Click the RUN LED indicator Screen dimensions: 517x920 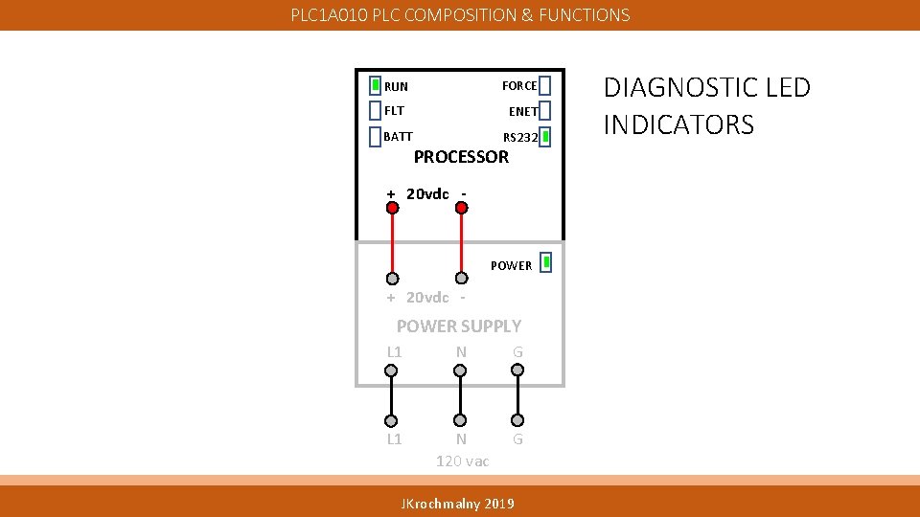point(376,85)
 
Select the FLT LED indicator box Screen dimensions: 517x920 point(376,110)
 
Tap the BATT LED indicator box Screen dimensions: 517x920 point(376,136)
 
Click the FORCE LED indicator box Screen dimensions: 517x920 point(544,85)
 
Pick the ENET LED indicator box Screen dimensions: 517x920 point(544,111)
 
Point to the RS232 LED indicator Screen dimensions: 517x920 point(544,137)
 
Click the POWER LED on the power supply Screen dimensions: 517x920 point(545,262)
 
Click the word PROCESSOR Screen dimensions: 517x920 point(461,157)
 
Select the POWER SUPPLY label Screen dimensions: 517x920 point(459,326)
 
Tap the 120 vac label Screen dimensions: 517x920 point(462,461)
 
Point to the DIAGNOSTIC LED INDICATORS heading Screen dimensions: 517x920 point(706,105)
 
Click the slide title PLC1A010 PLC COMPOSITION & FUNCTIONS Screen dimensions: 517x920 point(461,15)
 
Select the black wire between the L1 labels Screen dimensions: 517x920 point(391,395)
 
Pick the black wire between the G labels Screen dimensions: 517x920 point(517,395)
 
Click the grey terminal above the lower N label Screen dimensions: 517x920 point(461,420)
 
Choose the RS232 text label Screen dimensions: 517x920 point(520,137)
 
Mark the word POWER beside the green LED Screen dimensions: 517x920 point(511,265)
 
